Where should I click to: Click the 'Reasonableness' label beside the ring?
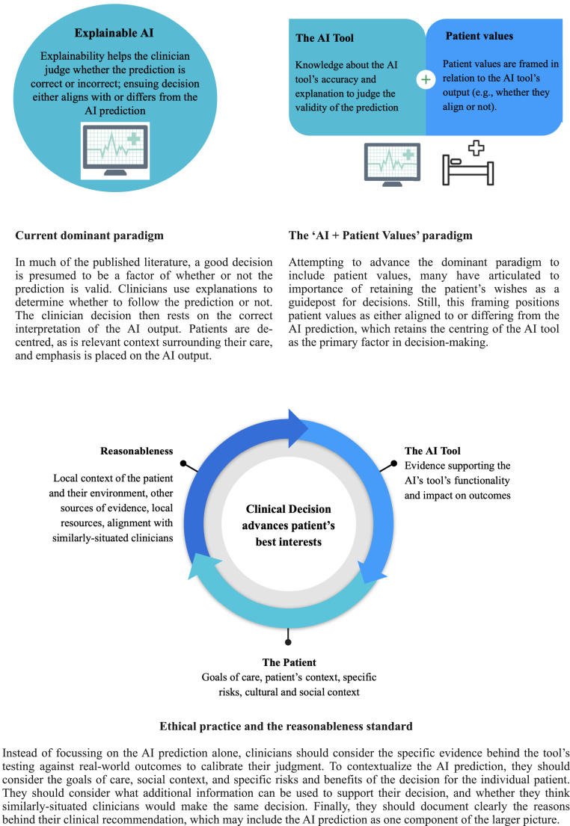(136, 451)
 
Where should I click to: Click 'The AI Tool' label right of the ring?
(432, 451)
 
